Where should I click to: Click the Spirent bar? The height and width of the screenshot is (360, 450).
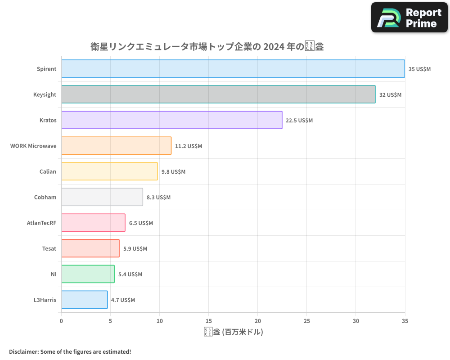click(233, 69)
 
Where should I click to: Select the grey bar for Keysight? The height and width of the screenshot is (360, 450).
click(218, 94)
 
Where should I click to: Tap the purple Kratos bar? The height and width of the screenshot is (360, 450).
click(171, 120)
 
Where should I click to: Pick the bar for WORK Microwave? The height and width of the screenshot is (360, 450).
click(116, 146)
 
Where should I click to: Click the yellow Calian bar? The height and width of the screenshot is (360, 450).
click(109, 171)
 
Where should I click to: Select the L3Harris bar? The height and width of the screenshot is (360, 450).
click(84, 300)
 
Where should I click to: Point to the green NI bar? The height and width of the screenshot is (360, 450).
click(88, 274)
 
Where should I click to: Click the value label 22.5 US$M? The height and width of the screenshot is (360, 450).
click(299, 121)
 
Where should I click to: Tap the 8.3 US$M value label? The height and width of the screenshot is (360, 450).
click(158, 198)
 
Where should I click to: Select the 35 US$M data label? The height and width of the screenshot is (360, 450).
click(419, 69)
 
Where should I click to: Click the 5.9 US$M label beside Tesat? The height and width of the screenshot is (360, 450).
click(135, 249)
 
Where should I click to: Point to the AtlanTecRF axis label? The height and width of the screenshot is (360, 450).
click(41, 223)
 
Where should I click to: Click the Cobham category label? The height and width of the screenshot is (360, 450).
click(45, 197)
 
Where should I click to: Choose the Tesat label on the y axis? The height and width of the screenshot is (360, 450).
click(49, 248)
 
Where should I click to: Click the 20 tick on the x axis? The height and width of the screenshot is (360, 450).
click(257, 321)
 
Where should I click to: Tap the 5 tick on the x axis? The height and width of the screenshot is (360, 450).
click(110, 321)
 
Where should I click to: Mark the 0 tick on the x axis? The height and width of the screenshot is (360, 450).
click(61, 321)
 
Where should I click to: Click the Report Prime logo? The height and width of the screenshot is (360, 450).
click(409, 18)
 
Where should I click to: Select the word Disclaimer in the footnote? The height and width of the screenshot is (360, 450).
click(23, 351)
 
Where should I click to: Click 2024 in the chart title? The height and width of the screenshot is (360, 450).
click(274, 47)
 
